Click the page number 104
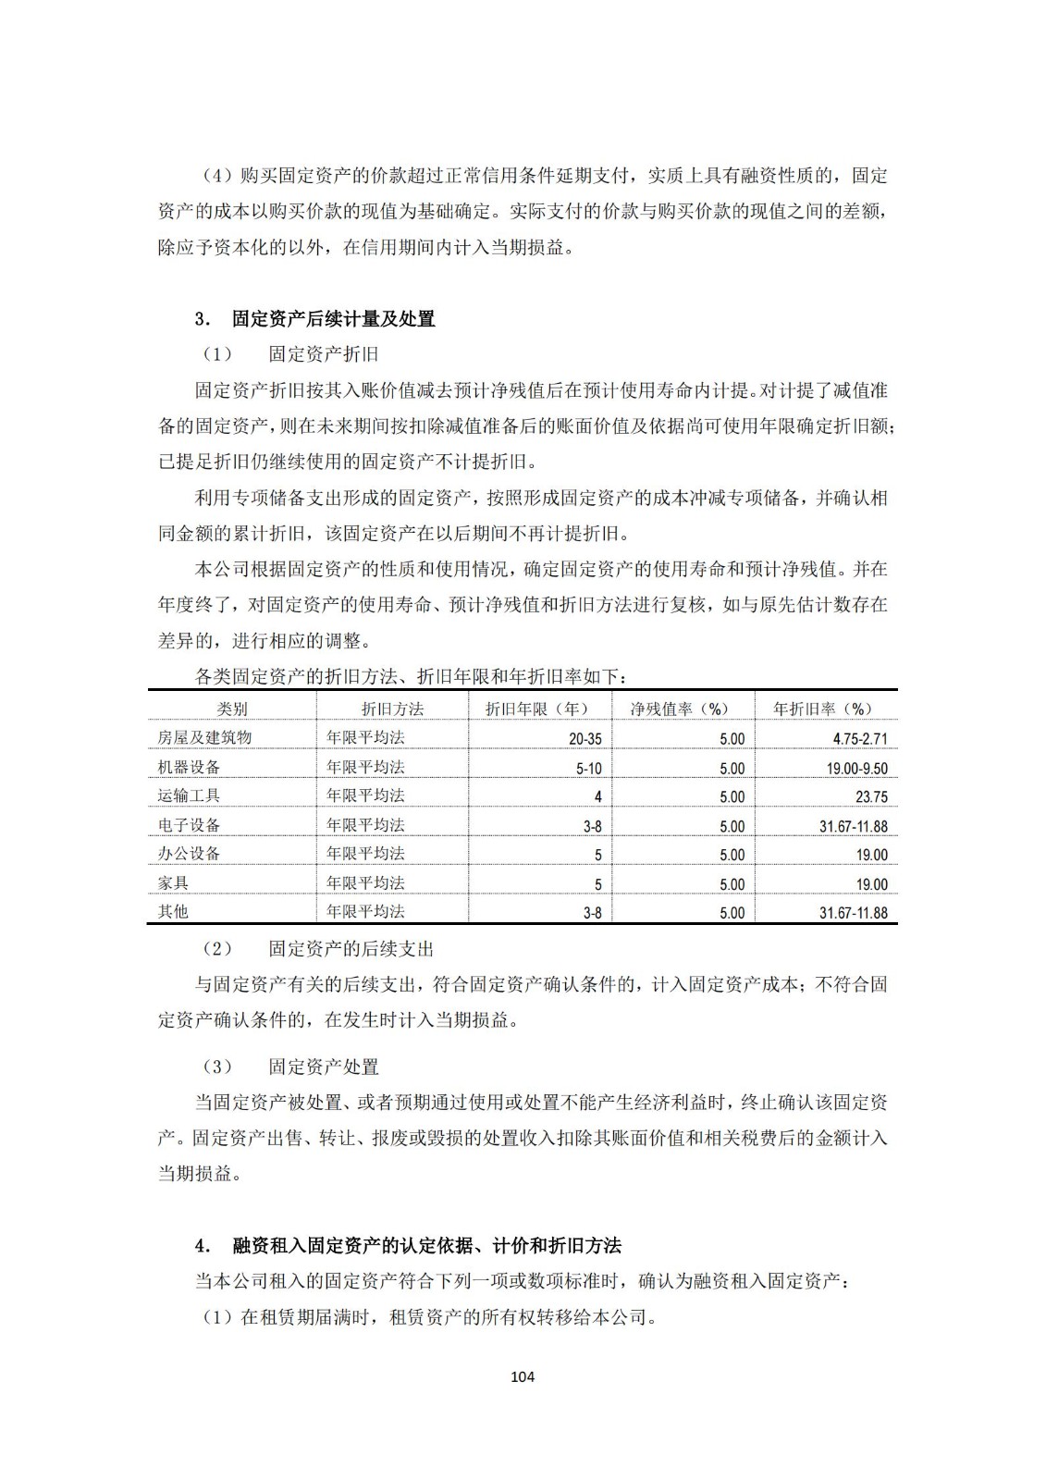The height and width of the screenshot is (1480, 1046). tap(523, 1376)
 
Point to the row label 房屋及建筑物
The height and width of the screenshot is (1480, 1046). tap(204, 737)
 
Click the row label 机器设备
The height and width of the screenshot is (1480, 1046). tap(189, 767)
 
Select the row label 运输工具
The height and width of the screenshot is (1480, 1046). tap(189, 795)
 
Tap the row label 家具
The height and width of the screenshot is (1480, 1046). tap(173, 882)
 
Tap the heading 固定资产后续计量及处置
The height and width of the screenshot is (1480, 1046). tap(333, 319)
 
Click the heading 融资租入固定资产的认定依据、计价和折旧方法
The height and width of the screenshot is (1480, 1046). tap(426, 1245)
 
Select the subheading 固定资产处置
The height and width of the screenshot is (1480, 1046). tap(324, 1067)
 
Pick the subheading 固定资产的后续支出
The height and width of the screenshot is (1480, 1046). tap(351, 948)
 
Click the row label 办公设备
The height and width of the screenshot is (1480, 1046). tap(189, 853)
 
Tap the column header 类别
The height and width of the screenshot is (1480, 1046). tap(232, 709)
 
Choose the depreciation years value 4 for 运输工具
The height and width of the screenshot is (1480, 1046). tap(597, 797)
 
